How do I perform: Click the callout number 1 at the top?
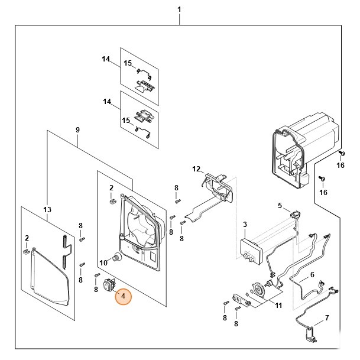coord(179,10)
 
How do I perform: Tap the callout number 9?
coord(77,129)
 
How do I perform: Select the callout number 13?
coord(47,209)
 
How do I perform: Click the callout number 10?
coord(102,262)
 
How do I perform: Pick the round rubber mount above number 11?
coord(259,289)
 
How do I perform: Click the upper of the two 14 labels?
coord(106,59)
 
